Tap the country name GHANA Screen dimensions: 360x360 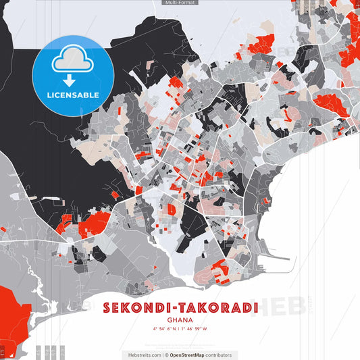pyautogui.click(x=180, y=321)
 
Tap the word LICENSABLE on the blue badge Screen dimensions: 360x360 pyautogui.click(x=72, y=95)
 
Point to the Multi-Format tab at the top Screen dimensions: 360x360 pyautogui.click(x=180, y=3)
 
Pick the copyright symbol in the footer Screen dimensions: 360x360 pyautogui.click(x=166, y=355)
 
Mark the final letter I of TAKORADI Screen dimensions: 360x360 pyautogui.click(x=255, y=308)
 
